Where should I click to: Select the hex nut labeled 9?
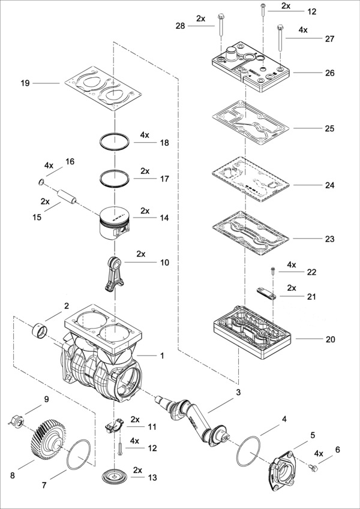pos(16,421)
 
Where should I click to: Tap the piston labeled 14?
pos(115,223)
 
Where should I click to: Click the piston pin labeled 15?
pos(67,197)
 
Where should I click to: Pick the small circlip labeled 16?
pos(41,182)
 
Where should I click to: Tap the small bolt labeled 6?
pos(313,468)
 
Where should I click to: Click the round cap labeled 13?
pos(115,476)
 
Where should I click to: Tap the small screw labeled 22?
pos(273,271)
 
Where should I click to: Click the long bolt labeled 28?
pos(221,25)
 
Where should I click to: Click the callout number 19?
pos(25,83)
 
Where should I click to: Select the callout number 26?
pos(329,73)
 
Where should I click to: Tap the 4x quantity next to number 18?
pos(145,135)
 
